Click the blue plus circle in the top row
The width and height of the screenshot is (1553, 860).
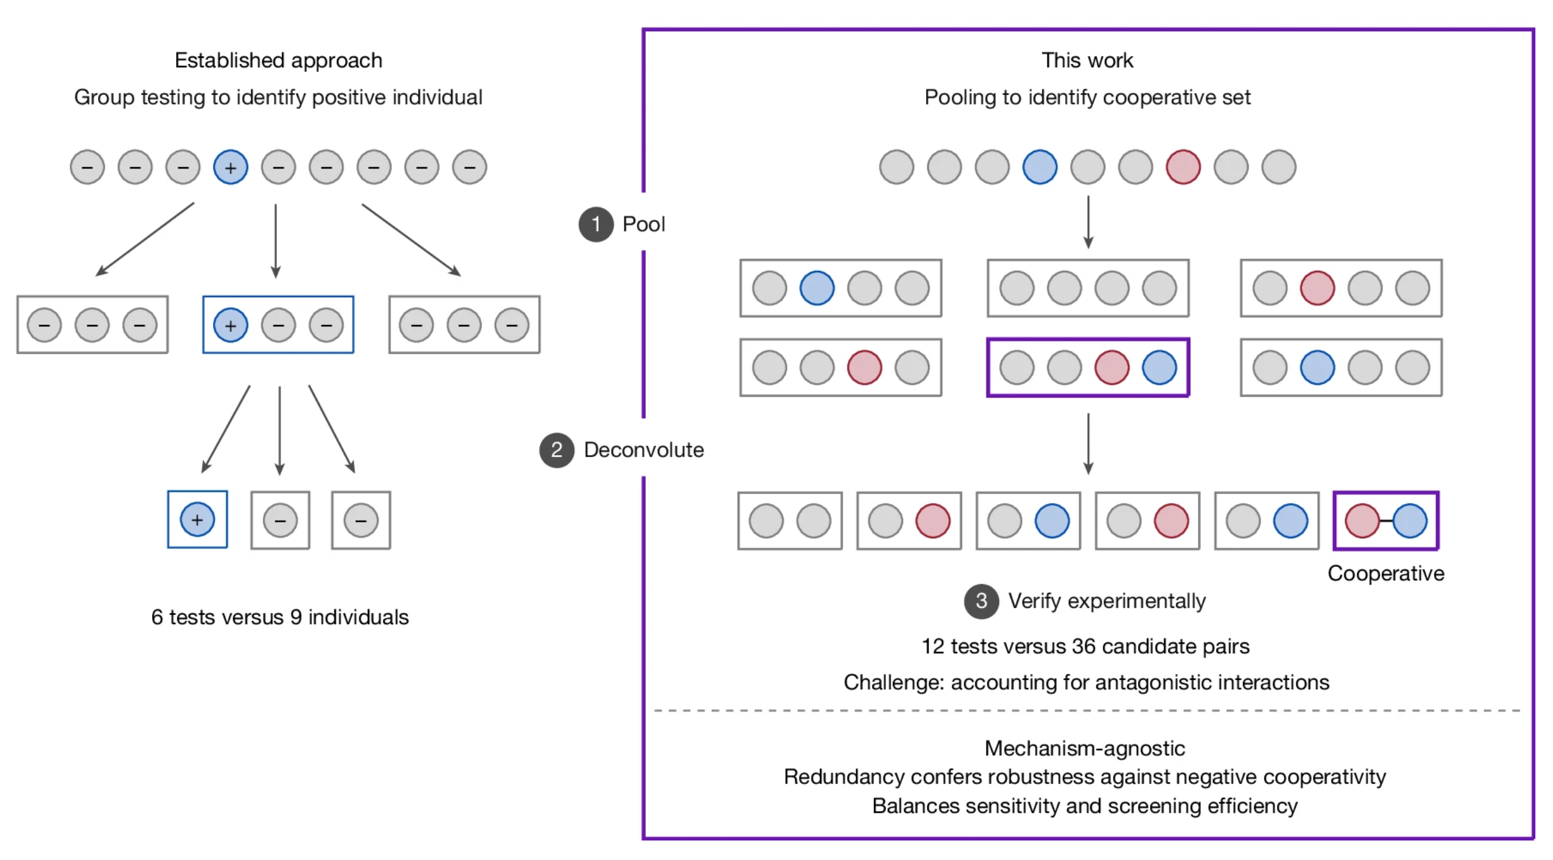[231, 167]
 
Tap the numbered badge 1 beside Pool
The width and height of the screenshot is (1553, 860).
[595, 224]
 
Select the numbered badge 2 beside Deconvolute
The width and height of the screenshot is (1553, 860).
[556, 450]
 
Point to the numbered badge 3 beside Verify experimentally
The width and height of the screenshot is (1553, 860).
[981, 602]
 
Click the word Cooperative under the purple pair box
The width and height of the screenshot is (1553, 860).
[1385, 573]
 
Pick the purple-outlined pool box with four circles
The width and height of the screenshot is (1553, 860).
[1088, 368]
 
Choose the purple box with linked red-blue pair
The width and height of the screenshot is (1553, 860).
[1386, 521]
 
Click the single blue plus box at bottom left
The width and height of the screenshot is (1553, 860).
[197, 520]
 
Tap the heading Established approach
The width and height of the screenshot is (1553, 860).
[279, 60]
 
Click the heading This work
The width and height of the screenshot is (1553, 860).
[1087, 60]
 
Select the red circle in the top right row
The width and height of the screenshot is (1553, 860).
[1183, 167]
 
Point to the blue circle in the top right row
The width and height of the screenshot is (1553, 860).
[1039, 167]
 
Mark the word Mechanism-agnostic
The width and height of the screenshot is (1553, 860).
[1085, 748]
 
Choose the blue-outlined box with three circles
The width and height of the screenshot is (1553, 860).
[278, 325]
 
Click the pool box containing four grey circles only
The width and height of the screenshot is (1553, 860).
[1088, 289]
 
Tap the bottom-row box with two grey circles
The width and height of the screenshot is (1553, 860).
[790, 521]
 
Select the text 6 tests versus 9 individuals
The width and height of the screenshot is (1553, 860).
[280, 617]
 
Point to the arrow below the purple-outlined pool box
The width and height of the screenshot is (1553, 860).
[1088, 443]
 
